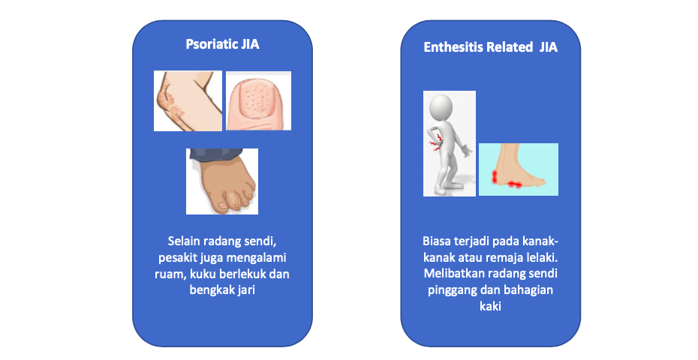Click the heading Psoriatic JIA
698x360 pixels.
pyautogui.click(x=222, y=44)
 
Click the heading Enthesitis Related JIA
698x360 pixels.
pyautogui.click(x=490, y=47)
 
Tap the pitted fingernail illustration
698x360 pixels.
pyautogui.click(x=259, y=101)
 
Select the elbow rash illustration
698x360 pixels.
pyautogui.click(x=188, y=101)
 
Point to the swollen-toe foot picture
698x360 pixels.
pyautogui.click(x=222, y=181)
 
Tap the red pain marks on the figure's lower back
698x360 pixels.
pyautogui.click(x=435, y=142)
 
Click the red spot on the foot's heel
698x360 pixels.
pyautogui.click(x=495, y=177)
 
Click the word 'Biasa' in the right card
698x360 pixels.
pyautogui.click(x=436, y=241)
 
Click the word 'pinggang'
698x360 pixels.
pyautogui.click(x=451, y=290)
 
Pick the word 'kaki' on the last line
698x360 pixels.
pyautogui.click(x=491, y=306)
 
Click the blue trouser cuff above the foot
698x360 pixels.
pyautogui.click(x=216, y=154)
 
